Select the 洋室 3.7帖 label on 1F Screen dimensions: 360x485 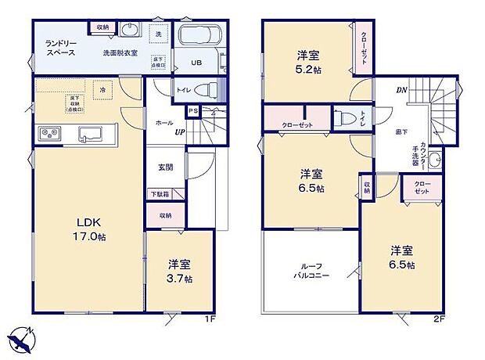coord(179,272)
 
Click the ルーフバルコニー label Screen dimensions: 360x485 coord(311,271)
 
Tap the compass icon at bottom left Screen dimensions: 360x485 coord(22,338)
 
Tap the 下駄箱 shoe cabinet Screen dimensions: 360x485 coord(158,193)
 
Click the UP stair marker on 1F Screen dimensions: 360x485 coord(179,132)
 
